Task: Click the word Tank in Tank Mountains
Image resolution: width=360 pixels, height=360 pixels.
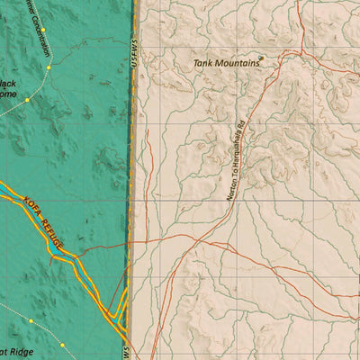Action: coord(205,64)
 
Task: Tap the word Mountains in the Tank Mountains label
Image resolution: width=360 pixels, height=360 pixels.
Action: coord(237,64)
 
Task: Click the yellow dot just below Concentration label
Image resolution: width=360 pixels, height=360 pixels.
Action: coord(47,67)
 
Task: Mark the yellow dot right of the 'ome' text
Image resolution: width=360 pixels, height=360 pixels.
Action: coord(28,99)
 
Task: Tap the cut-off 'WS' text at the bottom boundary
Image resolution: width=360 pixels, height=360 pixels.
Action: coord(127,351)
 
